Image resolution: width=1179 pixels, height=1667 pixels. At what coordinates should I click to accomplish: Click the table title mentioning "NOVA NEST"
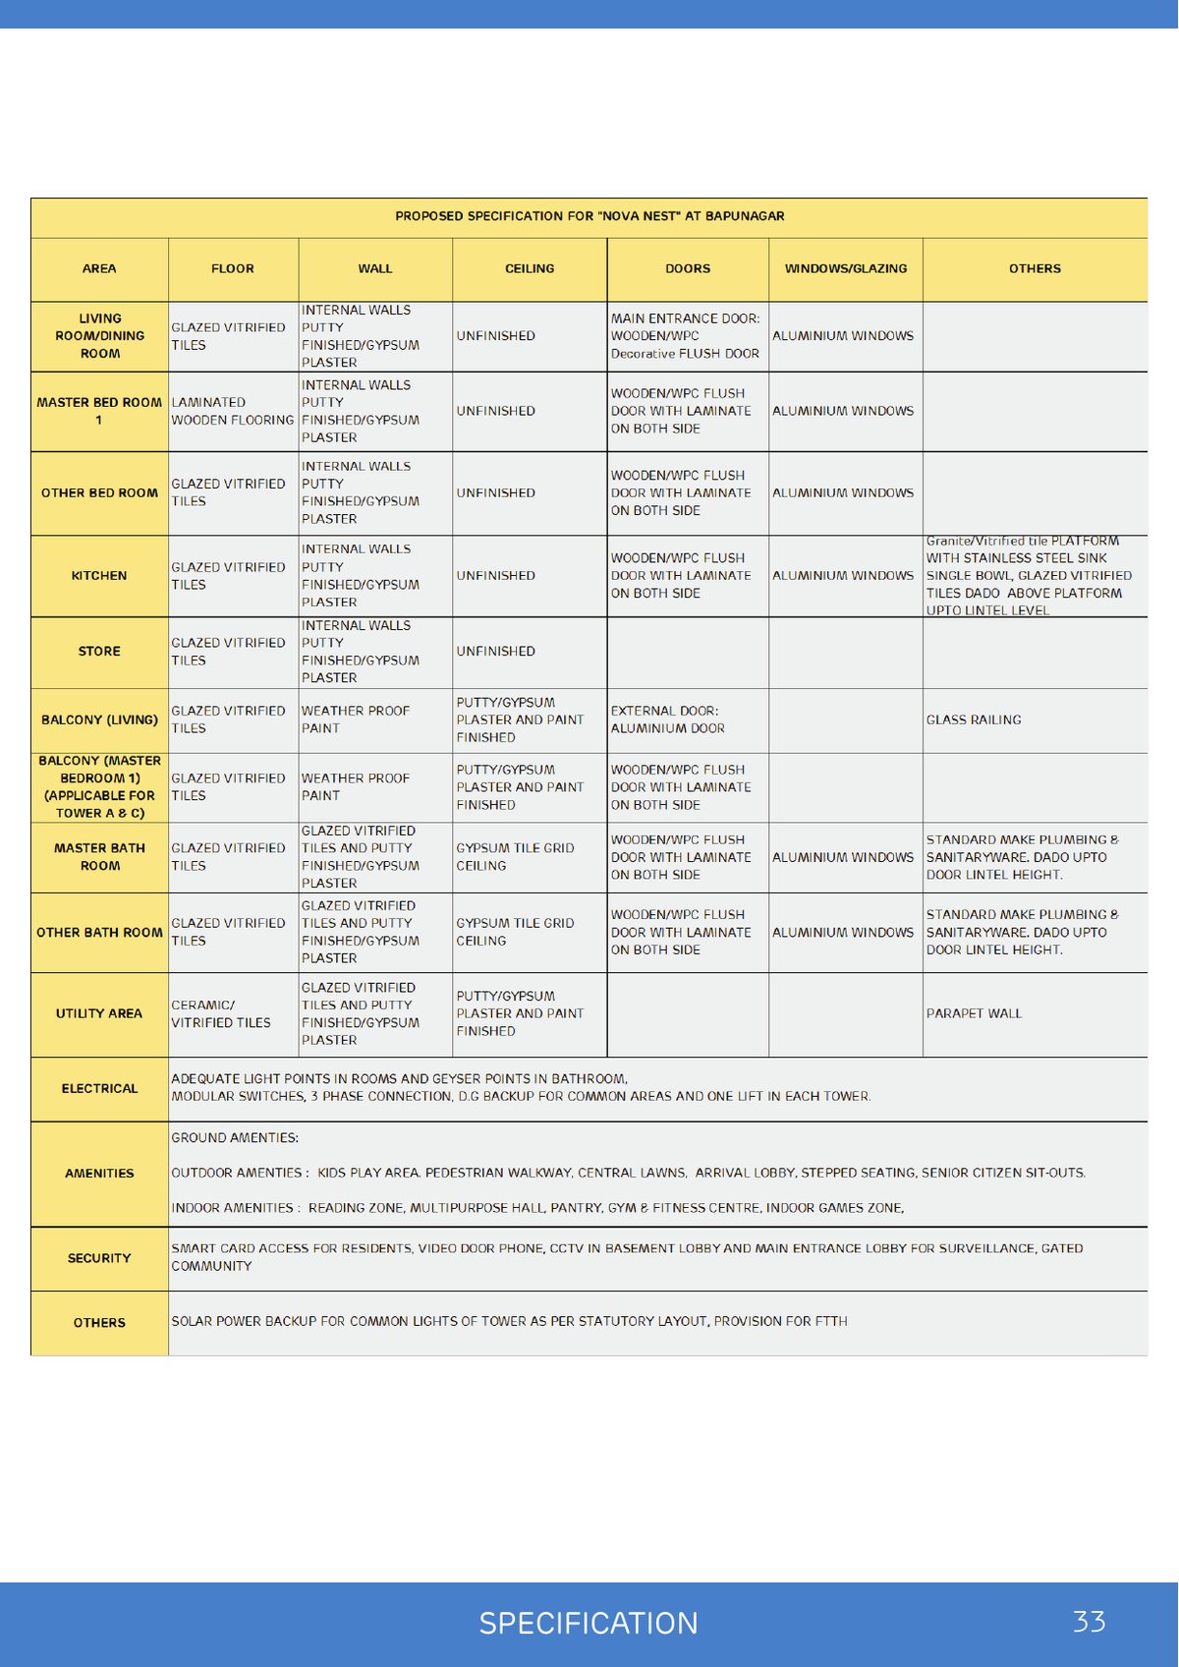(589, 216)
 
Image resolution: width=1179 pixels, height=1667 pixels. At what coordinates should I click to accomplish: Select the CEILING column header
(530, 268)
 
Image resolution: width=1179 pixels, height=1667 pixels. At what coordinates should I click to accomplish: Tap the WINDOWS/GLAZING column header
(845, 268)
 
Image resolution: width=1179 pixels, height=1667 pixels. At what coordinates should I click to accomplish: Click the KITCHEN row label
(99, 576)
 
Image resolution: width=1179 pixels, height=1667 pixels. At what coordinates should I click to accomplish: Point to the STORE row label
(99, 652)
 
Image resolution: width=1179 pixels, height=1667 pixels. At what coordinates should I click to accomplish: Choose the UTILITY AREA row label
(99, 1013)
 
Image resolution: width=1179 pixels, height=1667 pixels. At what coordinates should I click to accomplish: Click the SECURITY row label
(99, 1258)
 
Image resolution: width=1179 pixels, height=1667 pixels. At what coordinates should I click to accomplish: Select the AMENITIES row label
(99, 1174)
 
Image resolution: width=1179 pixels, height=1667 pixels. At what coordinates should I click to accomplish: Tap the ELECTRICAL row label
(99, 1089)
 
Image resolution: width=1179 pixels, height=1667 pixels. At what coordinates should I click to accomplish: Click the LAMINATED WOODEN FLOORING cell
(232, 411)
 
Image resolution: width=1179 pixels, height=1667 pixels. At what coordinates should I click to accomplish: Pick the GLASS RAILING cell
(974, 720)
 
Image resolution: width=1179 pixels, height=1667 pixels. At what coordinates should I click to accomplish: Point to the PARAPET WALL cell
(974, 1013)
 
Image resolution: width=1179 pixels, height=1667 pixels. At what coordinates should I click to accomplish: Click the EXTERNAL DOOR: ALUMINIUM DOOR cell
(668, 719)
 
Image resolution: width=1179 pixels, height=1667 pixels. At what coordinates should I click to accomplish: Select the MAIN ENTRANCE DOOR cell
(685, 336)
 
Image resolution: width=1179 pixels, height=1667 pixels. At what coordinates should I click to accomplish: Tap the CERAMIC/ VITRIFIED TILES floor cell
(221, 1013)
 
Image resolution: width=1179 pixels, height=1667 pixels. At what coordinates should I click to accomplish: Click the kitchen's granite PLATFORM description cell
(1028, 576)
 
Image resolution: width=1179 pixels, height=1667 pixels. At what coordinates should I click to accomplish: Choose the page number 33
(1089, 1622)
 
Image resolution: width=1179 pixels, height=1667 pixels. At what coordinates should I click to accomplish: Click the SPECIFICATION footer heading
(589, 1623)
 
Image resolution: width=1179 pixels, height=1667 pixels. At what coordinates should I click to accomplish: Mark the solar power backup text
(509, 1322)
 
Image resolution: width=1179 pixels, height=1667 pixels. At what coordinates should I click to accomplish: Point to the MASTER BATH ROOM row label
(99, 857)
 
